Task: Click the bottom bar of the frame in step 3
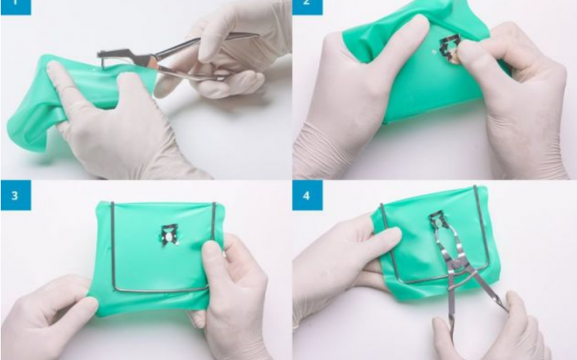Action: (158, 289)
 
